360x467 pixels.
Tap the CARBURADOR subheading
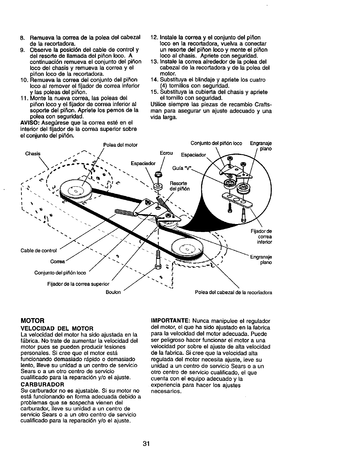tap(42, 384)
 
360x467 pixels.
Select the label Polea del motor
tap(120, 145)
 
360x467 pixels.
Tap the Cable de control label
tap(38, 251)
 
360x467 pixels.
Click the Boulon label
tap(113, 292)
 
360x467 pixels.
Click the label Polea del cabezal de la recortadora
tap(233, 292)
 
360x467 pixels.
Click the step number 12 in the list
tap(153, 38)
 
